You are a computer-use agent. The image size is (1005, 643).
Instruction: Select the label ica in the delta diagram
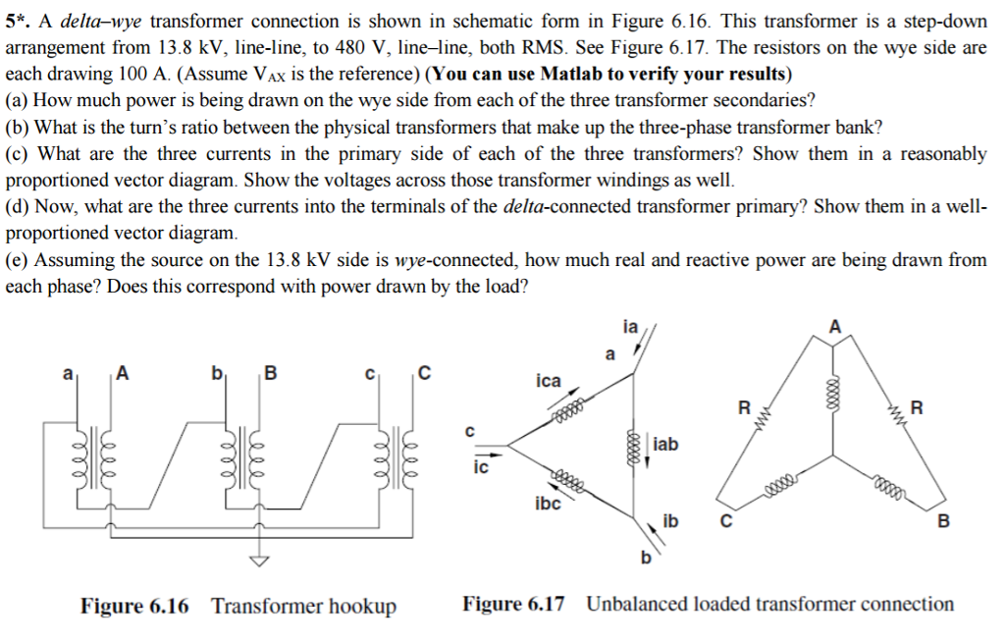tap(549, 380)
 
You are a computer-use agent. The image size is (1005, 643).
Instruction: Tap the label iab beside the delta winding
tap(665, 445)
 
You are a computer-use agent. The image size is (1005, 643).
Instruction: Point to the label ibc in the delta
tap(548, 504)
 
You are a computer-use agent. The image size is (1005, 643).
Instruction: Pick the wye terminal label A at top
tap(835, 327)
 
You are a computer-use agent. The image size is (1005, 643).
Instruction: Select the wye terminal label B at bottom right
tap(944, 521)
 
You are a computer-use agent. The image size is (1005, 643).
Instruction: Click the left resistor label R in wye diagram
tap(744, 406)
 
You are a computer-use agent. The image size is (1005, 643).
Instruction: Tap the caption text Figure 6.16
tap(134, 605)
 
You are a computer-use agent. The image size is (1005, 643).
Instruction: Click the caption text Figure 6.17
tap(513, 604)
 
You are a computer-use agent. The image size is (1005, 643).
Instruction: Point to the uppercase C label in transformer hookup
tap(424, 372)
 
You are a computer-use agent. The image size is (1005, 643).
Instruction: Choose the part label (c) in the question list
tap(19, 154)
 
